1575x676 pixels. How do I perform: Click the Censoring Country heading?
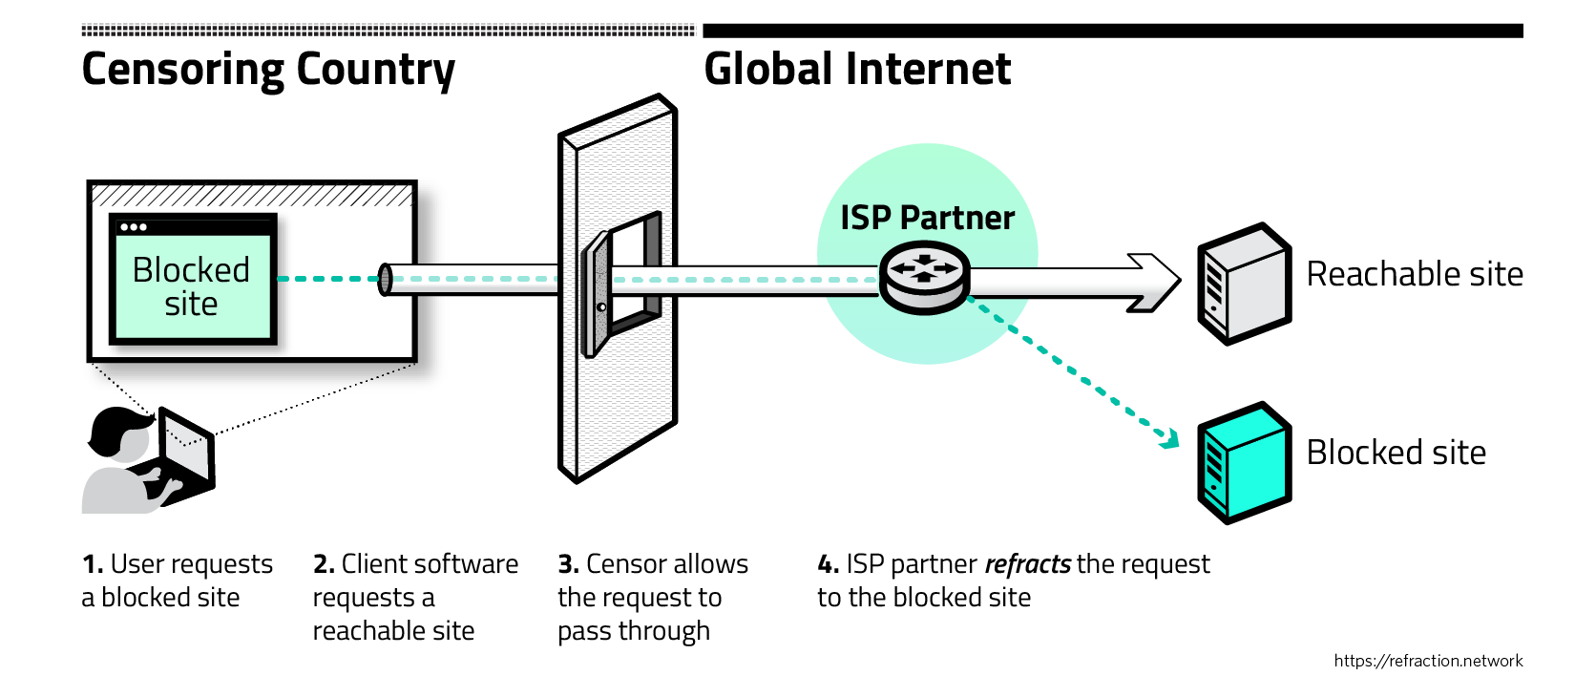click(x=268, y=70)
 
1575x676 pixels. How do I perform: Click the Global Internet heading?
click(x=856, y=70)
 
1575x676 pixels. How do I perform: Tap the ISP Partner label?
click(x=927, y=218)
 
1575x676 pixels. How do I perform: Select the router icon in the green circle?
click(x=923, y=277)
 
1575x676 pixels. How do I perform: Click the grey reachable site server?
click(x=1244, y=283)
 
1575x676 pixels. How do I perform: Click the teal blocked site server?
click(x=1244, y=462)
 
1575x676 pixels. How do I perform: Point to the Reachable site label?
click(x=1414, y=274)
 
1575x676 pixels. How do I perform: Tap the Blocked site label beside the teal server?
click(x=1396, y=452)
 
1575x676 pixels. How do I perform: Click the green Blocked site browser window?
click(x=192, y=282)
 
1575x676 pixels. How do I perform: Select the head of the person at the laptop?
click(x=118, y=435)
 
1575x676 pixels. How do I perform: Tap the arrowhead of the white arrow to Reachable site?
click(x=1158, y=283)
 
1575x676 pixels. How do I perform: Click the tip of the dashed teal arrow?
click(x=1172, y=441)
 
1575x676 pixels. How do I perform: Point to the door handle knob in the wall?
click(x=601, y=307)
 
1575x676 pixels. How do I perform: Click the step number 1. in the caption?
click(x=93, y=564)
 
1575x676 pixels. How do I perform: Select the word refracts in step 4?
click(x=1027, y=564)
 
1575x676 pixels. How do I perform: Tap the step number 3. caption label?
click(x=568, y=564)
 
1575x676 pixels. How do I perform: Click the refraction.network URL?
click(x=1428, y=661)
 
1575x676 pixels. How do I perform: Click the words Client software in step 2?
click(x=430, y=564)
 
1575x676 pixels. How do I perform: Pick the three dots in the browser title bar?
click(x=134, y=227)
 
